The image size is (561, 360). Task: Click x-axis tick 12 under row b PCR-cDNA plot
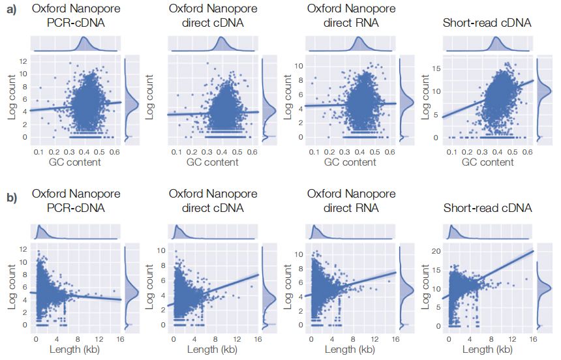coord(99,338)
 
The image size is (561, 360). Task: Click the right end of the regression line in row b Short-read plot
coord(533,251)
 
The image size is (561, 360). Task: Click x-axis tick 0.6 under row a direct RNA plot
coord(389,151)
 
